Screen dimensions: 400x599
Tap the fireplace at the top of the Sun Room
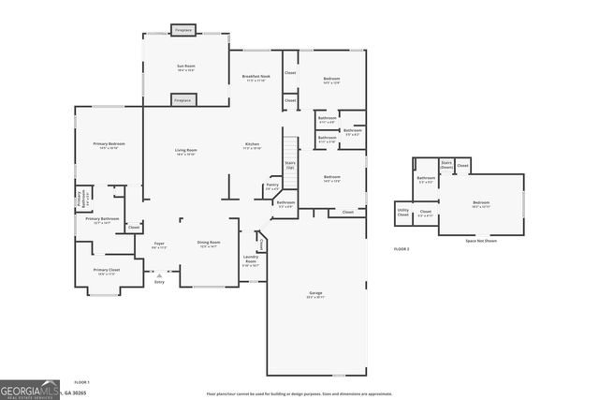183,30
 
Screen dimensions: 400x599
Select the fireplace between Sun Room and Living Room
183,99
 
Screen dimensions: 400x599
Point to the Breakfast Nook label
256,79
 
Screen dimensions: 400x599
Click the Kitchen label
252,145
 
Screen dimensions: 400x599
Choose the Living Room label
185,151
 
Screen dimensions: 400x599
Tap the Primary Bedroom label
109,144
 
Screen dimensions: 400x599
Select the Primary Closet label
107,271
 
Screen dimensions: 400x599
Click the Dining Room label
208,243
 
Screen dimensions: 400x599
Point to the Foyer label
159,245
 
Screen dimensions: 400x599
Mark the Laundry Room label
251,259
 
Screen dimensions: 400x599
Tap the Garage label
315,294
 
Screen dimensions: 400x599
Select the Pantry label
272,185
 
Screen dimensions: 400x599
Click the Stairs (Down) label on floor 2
447,165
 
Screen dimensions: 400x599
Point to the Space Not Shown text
481,241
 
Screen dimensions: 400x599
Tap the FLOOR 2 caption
402,248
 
